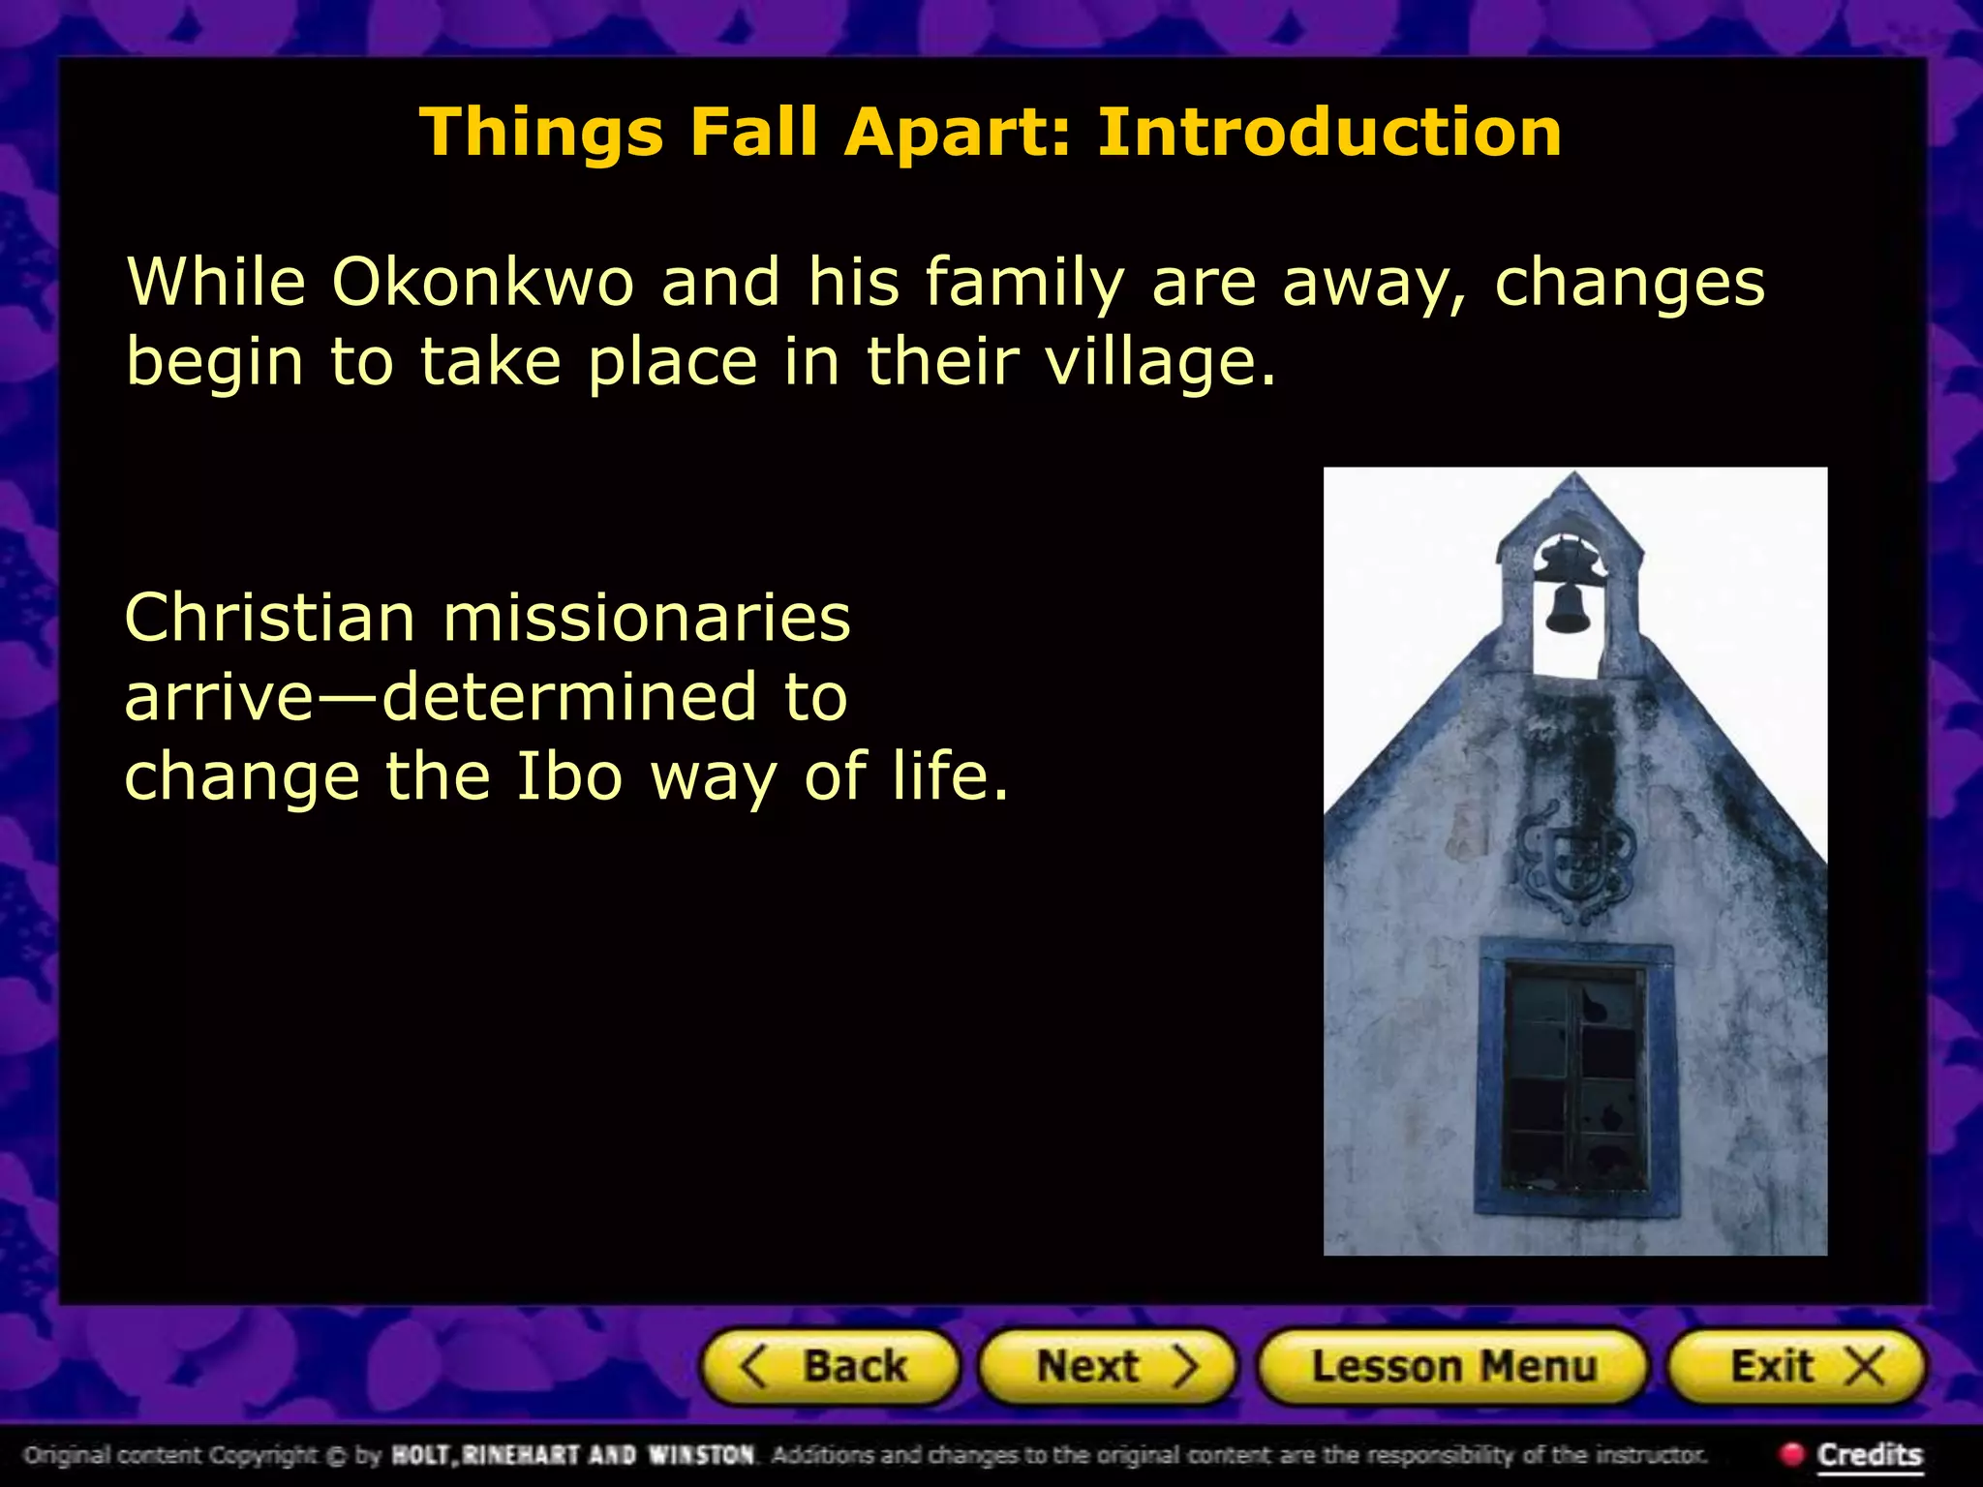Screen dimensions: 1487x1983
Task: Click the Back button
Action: [831, 1366]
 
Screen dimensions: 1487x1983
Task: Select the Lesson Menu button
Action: [1451, 1366]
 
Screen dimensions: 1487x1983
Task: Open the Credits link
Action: [1869, 1454]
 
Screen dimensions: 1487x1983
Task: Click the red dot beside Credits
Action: [1791, 1453]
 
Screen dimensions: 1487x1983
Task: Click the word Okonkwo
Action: [482, 283]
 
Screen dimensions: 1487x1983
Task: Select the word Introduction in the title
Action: [1328, 132]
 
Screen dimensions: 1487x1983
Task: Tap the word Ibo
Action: [568, 776]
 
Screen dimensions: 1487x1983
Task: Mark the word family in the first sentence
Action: [1024, 283]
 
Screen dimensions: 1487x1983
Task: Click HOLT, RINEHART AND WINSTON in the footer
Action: [572, 1454]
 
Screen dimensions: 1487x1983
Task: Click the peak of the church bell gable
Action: [1574, 476]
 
